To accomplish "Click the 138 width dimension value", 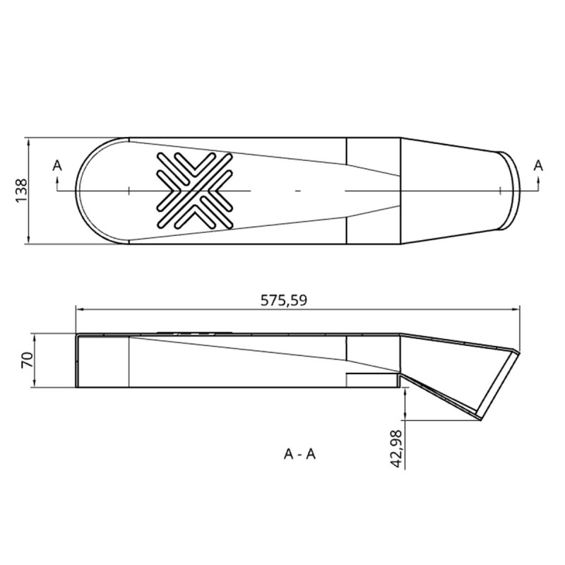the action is tap(22, 190).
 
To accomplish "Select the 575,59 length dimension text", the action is tap(284, 300).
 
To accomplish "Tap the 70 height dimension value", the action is tap(28, 360).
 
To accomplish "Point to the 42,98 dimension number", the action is tap(397, 448).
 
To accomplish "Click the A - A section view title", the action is tap(299, 454).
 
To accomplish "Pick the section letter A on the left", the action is tap(57, 166).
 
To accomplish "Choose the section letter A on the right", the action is tap(538, 165).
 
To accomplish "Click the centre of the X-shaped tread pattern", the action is tap(195, 190).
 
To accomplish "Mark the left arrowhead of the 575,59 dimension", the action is tap(79, 309).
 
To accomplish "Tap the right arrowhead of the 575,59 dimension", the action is tap(516, 309).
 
